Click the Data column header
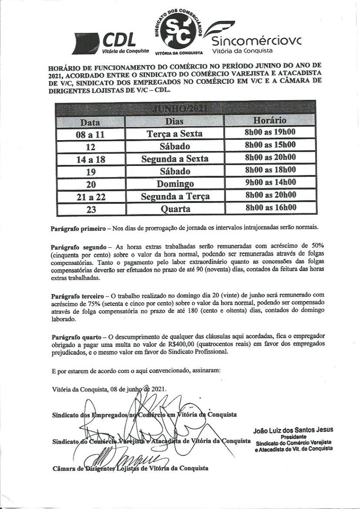coord(90,122)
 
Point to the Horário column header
coord(270,121)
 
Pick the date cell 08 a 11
coord(90,135)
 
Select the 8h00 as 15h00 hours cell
coord(270,145)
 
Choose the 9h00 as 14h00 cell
coord(270,182)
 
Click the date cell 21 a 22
coord(90,197)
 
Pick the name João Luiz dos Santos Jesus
coord(293,430)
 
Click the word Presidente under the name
coord(293,437)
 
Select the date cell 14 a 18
coord(90,159)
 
